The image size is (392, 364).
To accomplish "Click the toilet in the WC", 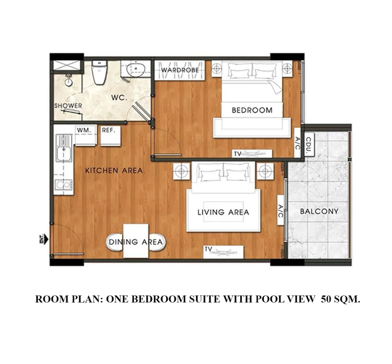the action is pos(100,73).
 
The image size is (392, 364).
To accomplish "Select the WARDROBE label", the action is pos(180,70).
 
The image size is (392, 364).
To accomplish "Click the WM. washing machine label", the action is pos(84,130).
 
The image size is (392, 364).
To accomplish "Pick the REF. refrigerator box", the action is pos(111,136).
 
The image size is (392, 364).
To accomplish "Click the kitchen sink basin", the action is pos(64,150).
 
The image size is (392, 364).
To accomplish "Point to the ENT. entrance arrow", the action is pos(44,239).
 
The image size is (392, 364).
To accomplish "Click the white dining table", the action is pos(136,241).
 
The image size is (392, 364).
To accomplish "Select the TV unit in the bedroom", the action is pos(252,153).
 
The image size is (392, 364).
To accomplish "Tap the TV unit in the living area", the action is pos(223,252).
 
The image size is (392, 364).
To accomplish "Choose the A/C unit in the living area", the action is pos(280,210).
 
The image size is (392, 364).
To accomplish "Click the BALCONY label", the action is pos(319,211).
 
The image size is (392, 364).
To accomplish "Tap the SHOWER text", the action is pos(68,106).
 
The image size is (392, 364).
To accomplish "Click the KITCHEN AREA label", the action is pos(114,171).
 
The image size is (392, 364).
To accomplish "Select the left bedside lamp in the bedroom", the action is pos(217,69).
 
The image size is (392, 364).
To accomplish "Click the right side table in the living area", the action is pos(265,171).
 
